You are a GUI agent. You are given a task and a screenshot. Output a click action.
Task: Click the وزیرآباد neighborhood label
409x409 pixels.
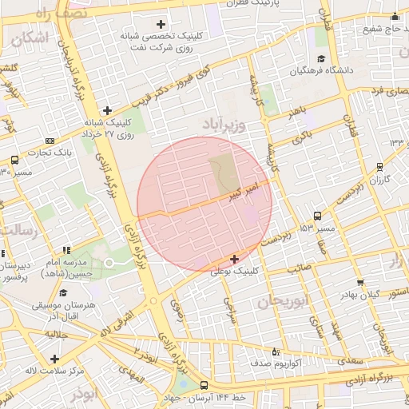211,126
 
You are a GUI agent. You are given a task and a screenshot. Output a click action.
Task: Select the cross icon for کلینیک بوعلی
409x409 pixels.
234,259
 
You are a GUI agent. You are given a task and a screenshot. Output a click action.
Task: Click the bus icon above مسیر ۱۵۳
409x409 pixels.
318,216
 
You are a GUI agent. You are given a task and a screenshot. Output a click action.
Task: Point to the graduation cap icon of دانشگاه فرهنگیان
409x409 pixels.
321,58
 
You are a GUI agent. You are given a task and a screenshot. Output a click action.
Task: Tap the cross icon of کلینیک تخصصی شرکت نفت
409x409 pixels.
161,24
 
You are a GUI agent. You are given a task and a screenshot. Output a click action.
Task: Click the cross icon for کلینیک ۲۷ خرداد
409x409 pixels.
108,111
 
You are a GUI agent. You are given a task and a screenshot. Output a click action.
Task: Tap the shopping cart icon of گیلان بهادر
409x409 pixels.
360,282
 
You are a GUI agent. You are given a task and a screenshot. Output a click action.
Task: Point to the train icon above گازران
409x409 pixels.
379,168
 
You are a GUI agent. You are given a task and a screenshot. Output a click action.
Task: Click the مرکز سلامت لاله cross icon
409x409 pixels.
54,359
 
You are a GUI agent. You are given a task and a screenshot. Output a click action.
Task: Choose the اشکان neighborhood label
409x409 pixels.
30,37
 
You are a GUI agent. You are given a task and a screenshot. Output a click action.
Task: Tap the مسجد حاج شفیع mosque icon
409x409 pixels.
394,17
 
